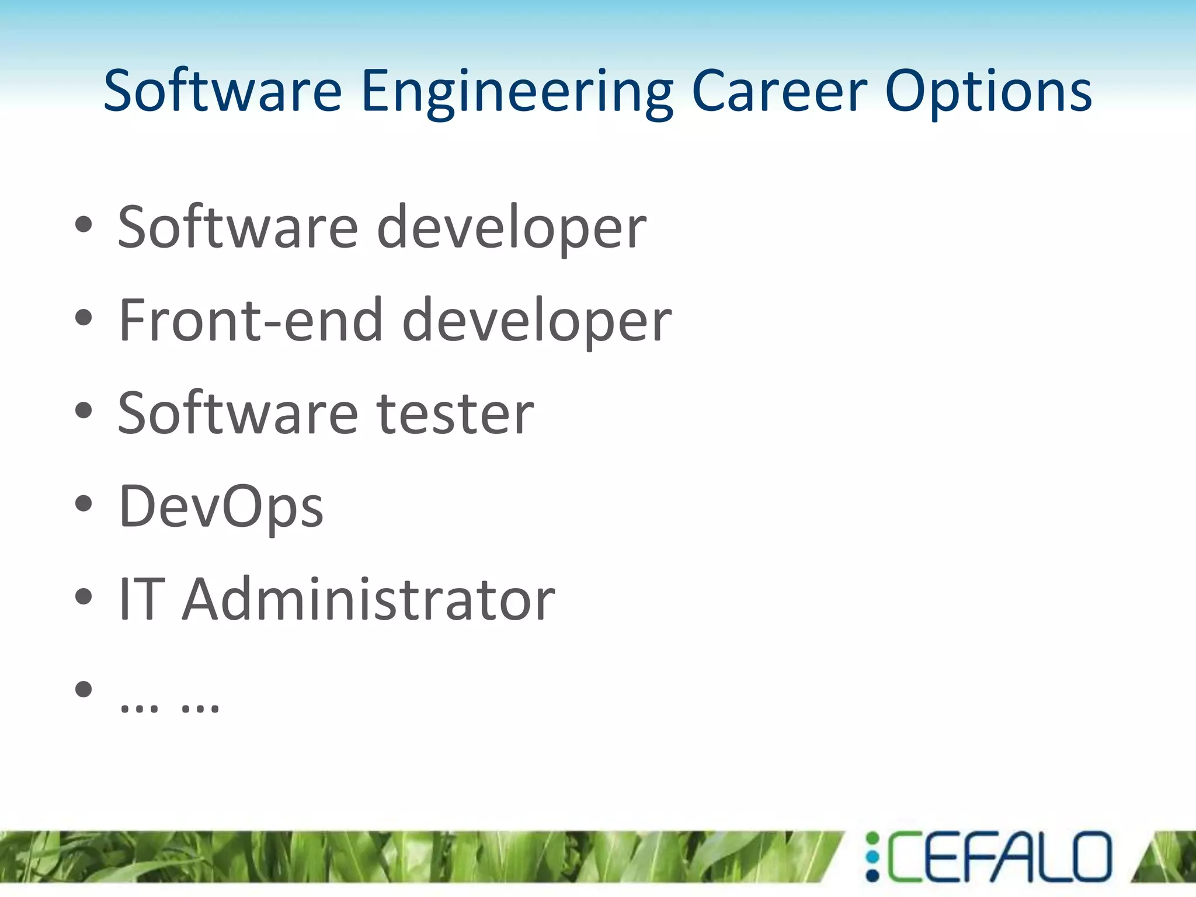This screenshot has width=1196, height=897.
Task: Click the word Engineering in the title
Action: [517, 92]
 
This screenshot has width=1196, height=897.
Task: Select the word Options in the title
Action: [988, 92]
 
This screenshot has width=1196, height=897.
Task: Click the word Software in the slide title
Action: [222, 91]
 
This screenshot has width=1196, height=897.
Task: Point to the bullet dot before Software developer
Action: [84, 225]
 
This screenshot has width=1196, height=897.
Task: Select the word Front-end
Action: [251, 320]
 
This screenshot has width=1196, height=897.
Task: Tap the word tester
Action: [455, 413]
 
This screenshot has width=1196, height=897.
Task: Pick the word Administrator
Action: [368, 599]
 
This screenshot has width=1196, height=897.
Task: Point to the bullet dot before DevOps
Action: [84, 503]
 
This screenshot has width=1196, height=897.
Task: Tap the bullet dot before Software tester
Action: [84, 411]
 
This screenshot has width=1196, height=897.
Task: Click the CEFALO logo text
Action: [999, 857]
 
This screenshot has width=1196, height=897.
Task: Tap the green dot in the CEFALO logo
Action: [872, 839]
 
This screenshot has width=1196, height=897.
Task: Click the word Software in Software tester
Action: [238, 413]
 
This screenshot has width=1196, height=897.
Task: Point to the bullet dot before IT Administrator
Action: [84, 596]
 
